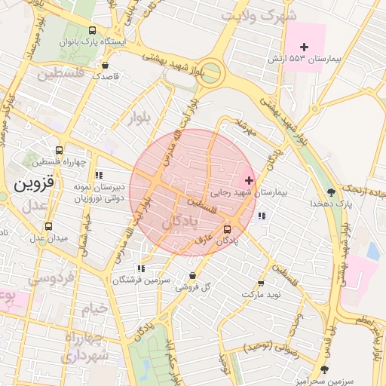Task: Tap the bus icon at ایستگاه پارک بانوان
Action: (93, 31)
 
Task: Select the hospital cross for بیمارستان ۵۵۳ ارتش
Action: (305, 47)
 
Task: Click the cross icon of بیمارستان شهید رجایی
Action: (249, 181)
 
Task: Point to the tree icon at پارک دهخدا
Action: (332, 191)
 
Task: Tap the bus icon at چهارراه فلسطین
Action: (60, 150)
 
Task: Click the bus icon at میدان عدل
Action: (49, 226)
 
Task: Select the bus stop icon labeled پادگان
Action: (227, 229)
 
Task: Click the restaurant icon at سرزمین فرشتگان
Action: (140, 268)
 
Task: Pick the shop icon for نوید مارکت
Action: (261, 283)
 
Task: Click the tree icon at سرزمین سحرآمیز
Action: (324, 369)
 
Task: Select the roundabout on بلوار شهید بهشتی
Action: (210, 73)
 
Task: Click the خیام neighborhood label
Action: (96, 308)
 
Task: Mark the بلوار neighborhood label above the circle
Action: (139, 117)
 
